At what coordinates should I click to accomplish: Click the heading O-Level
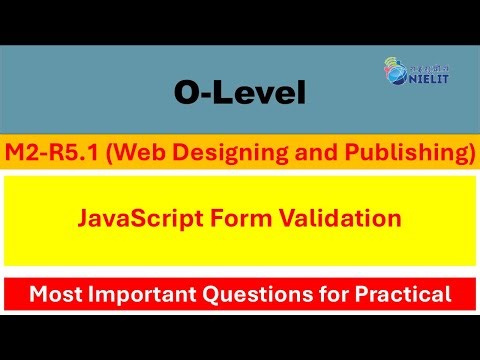click(237, 95)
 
